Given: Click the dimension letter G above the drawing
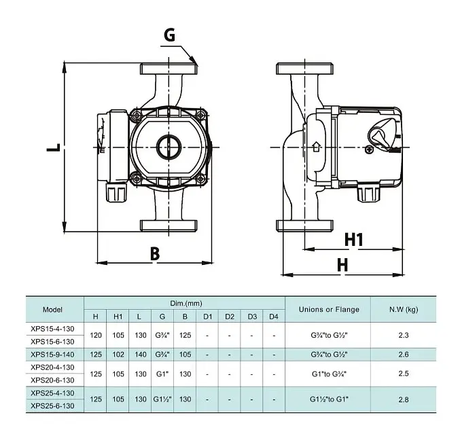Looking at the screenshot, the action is [170, 35].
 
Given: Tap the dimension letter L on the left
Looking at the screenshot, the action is [54, 147].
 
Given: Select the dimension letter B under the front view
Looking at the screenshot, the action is [155, 254].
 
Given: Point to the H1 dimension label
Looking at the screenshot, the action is [354, 239].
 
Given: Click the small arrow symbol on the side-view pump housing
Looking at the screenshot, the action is [316, 146].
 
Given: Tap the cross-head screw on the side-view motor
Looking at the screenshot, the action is [370, 149].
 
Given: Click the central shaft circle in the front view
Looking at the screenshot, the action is [169, 147].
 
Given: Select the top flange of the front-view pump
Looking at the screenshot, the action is [169, 69].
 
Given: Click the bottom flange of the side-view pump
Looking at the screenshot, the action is [305, 226].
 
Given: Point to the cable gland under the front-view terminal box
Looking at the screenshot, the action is [116, 193].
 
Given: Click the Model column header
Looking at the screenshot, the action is [52, 310].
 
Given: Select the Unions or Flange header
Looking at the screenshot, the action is [329, 310].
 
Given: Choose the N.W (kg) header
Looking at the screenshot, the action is [404, 310].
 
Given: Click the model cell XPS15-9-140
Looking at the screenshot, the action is [52, 355].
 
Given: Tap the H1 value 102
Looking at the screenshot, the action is [118, 355].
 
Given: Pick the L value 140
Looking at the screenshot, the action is [141, 355].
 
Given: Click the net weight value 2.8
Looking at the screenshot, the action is [404, 399].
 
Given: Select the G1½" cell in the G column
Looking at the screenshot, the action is [162, 399].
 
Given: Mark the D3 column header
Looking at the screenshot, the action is [252, 317].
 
